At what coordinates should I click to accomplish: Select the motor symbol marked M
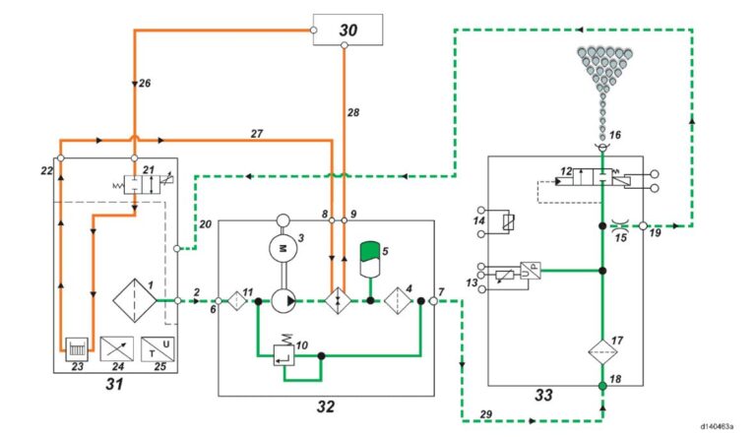click(283, 250)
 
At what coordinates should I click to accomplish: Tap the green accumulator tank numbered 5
click(371, 258)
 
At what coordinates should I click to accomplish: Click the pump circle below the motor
click(283, 299)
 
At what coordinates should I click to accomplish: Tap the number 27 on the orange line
click(257, 132)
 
